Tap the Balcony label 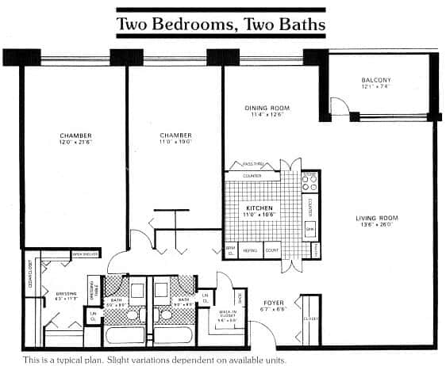[375, 80]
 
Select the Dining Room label [266, 108]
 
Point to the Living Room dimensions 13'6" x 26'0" [377, 226]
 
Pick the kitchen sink [310, 228]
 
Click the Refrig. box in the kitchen [250, 250]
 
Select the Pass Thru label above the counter [252, 165]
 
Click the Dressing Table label [93, 286]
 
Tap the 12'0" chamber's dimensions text [75, 143]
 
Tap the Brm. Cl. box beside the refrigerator [231, 250]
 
